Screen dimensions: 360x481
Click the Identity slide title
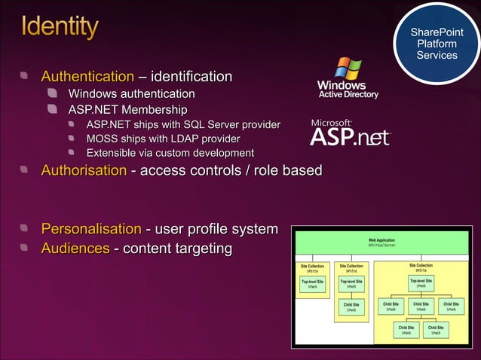point(60,28)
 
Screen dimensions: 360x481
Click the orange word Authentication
point(87,77)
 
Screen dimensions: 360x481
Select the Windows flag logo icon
point(348,69)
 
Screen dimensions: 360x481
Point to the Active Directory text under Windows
point(348,95)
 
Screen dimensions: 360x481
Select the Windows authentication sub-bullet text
point(131,94)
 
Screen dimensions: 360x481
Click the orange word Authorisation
point(84,171)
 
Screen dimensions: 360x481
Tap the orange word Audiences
point(75,248)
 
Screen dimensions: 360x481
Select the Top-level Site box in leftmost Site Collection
point(312,284)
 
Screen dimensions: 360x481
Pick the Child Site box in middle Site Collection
point(351,307)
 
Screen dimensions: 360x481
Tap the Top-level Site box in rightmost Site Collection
point(421,283)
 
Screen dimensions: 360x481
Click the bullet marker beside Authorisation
point(25,171)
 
